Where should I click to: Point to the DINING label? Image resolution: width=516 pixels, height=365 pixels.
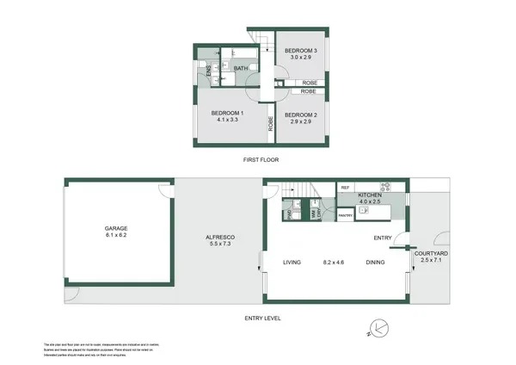click(375, 262)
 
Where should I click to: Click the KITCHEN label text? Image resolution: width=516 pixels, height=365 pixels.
click(370, 195)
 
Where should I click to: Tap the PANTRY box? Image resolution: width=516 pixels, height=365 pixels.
click(346, 215)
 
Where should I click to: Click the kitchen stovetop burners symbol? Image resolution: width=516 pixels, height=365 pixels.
click(385, 187)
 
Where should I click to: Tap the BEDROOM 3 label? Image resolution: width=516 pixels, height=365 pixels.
click(302, 51)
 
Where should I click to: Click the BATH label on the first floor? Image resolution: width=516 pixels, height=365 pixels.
click(240, 69)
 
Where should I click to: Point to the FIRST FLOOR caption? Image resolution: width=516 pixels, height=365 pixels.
click(259, 160)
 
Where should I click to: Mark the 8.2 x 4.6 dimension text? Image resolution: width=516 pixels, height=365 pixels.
click(335, 262)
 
